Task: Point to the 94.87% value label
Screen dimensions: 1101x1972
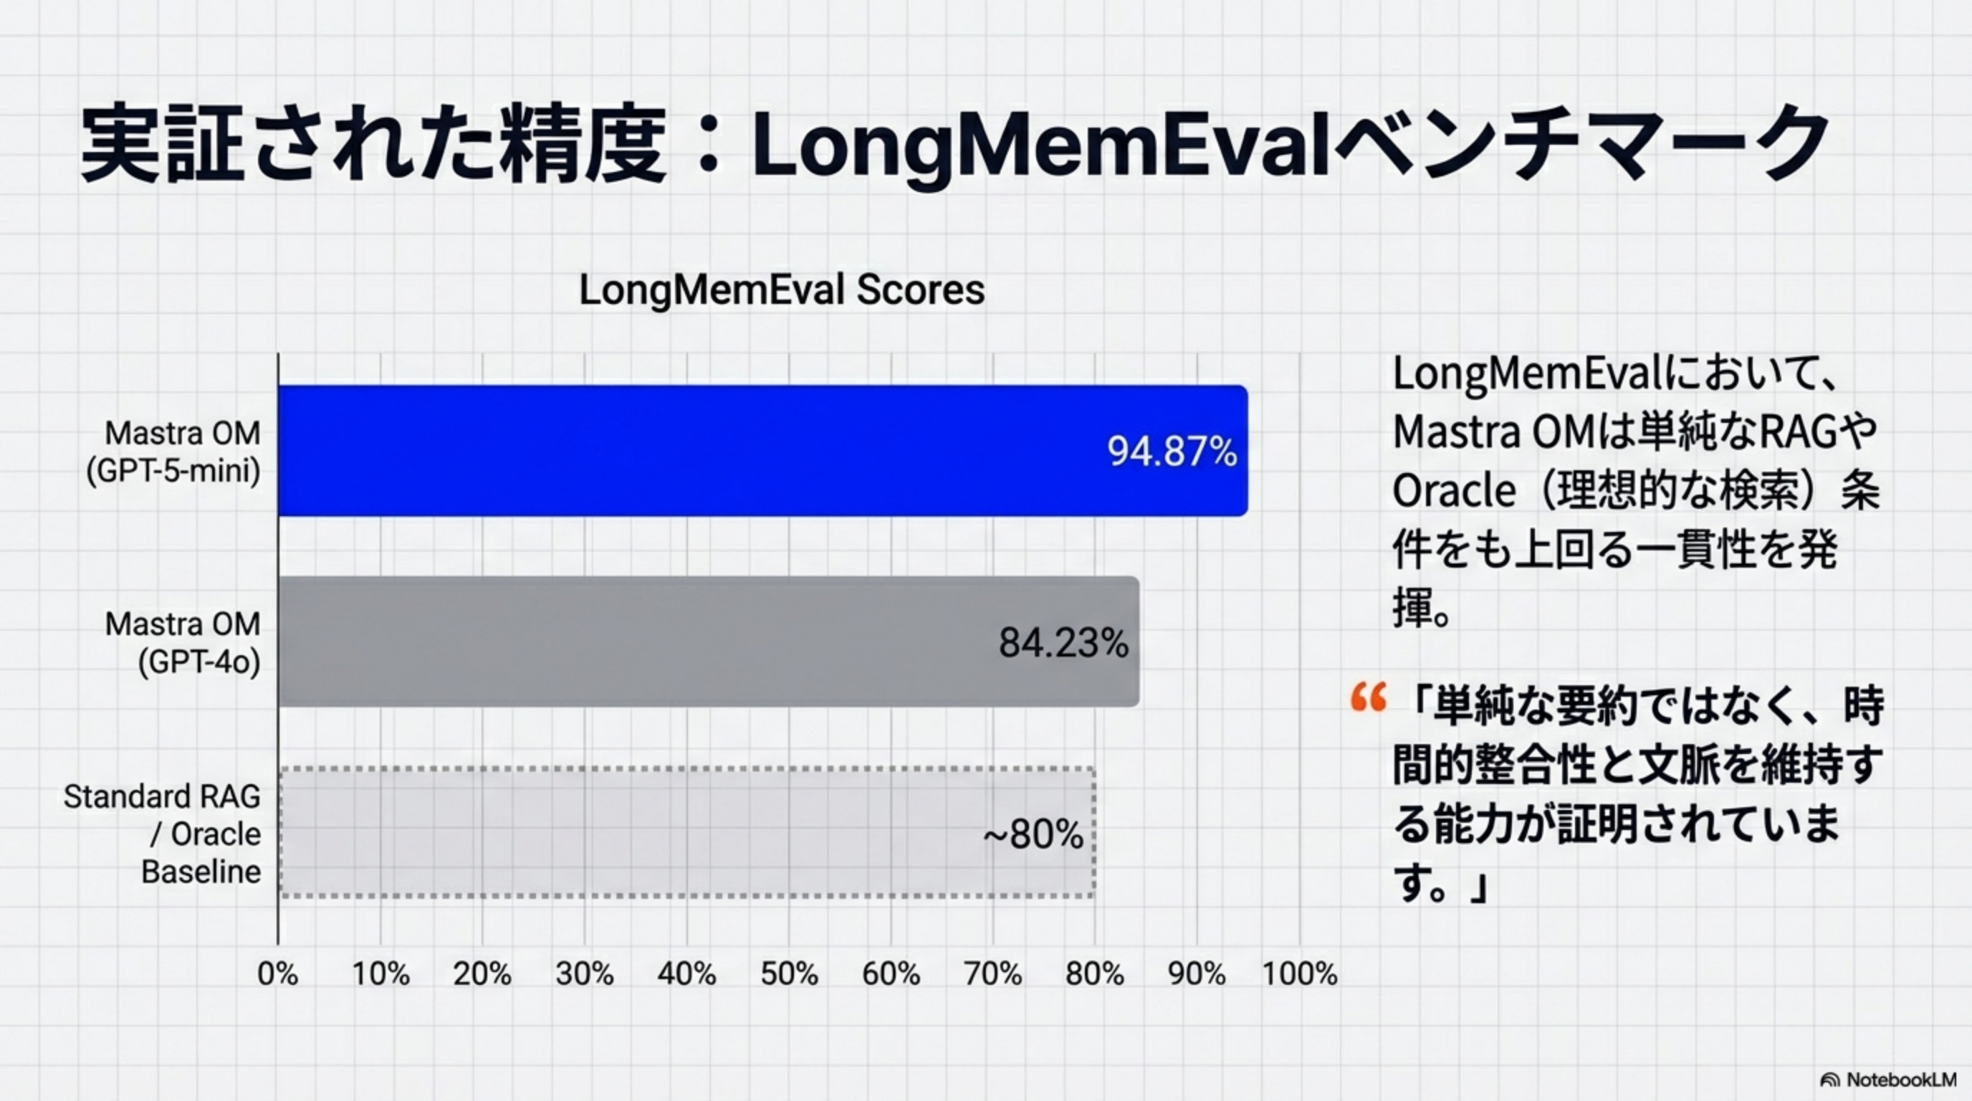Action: [1172, 451]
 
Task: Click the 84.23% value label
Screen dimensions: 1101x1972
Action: [1063, 642]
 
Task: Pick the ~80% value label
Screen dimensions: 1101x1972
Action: [1033, 834]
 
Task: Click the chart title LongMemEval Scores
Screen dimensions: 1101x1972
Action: [782, 290]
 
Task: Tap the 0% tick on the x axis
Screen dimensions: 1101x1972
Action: [278, 974]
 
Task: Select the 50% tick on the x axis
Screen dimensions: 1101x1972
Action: [789, 974]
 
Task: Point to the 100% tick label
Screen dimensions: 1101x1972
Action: [1299, 974]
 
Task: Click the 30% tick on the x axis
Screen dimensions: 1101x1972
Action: [585, 974]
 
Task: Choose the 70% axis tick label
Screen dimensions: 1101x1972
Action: [993, 974]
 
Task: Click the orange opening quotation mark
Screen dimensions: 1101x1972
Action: [1368, 697]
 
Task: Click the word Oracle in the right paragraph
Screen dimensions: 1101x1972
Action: [1453, 491]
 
